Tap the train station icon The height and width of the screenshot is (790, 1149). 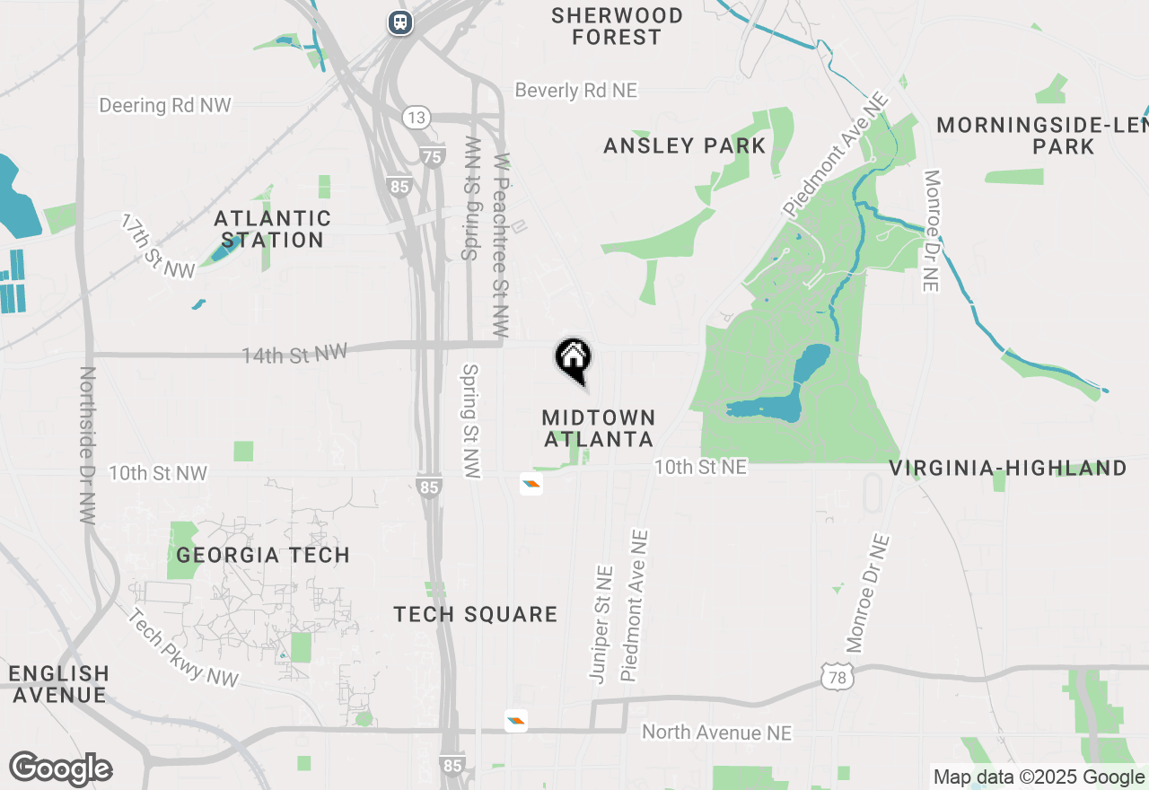coord(400,22)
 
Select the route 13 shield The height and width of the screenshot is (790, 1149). coord(417,118)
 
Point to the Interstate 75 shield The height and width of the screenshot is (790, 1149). coord(433,156)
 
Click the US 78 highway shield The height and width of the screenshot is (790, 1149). coord(837,678)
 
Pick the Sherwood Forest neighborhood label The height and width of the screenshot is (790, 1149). coord(618,26)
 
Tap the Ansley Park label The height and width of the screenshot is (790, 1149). coord(685,145)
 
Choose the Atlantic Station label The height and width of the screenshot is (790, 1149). coord(272,229)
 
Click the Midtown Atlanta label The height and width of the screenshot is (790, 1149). coord(599,428)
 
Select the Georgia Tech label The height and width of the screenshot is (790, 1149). coord(263,555)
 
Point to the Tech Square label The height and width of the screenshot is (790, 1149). coord(476,614)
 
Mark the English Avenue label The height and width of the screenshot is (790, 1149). coord(58,683)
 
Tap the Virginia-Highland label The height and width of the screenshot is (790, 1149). coord(1008,468)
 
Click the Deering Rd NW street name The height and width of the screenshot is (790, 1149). coord(165,105)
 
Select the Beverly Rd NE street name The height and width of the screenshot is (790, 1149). coord(575,91)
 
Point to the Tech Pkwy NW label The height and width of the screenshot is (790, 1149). coord(183,648)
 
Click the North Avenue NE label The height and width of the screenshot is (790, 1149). coord(716,733)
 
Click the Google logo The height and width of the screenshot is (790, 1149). coord(60,769)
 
